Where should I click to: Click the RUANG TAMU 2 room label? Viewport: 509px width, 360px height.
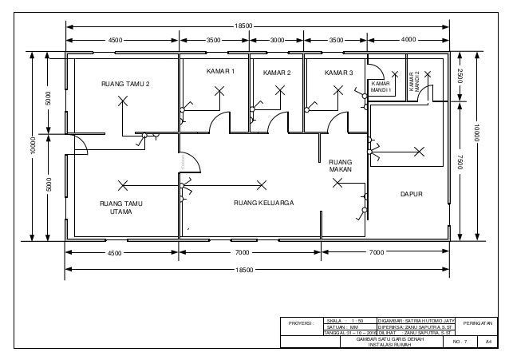[x=124, y=83]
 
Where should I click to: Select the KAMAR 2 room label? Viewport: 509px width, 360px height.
[x=277, y=73]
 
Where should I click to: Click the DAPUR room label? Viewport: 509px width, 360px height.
[x=411, y=194]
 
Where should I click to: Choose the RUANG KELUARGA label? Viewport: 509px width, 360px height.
[x=264, y=204]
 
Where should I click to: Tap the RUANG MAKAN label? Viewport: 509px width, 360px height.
[x=340, y=165]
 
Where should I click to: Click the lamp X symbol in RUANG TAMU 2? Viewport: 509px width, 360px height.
[x=122, y=101]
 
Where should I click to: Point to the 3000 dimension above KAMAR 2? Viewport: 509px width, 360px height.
[x=278, y=38]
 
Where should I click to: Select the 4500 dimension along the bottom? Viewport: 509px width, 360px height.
[x=116, y=251]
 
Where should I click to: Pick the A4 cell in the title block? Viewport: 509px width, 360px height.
[x=488, y=342]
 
